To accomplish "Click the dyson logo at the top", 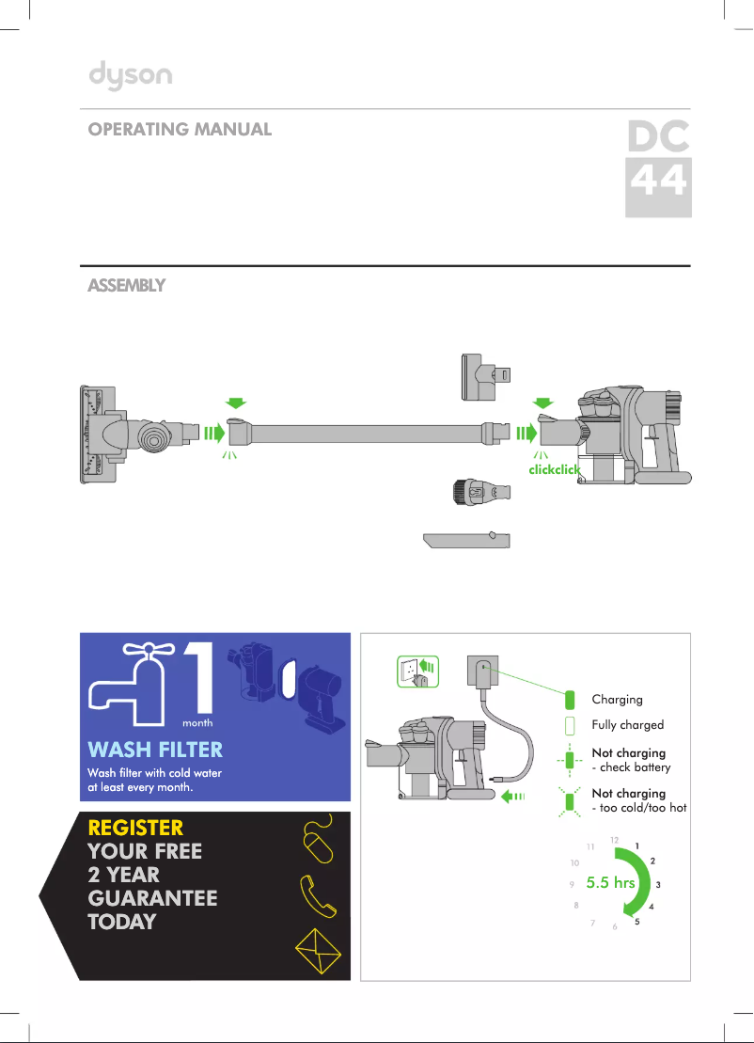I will (130, 75).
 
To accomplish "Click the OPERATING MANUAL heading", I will (180, 130).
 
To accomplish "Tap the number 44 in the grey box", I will (658, 182).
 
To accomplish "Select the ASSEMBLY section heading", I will (126, 285).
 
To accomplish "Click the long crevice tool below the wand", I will (466, 541).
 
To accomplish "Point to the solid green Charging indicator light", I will (569, 700).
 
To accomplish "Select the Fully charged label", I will (627, 725).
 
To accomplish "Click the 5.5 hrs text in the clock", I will (609, 883).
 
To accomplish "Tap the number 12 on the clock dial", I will (614, 838).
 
